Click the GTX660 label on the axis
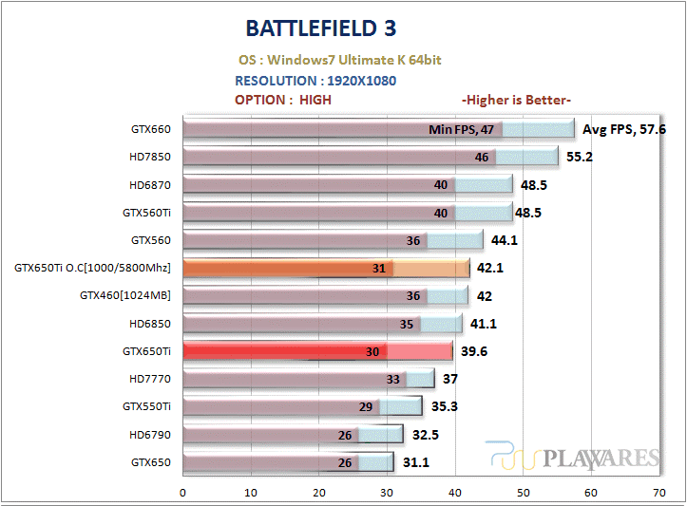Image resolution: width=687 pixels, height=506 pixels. pyautogui.click(x=150, y=129)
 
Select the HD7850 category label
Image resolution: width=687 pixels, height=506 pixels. pyautogui.click(x=150, y=157)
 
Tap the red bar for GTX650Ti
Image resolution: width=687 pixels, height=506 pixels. pyautogui.click(x=285, y=351)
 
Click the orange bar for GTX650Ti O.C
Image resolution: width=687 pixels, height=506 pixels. pyautogui.click(x=285, y=269)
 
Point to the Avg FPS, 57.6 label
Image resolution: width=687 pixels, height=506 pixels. pyautogui.click(x=623, y=129)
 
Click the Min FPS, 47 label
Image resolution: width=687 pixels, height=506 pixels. pyautogui.click(x=461, y=130)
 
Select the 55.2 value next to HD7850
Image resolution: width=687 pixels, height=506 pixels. pyautogui.click(x=579, y=157)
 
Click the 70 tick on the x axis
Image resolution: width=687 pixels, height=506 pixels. pyautogui.click(x=658, y=493)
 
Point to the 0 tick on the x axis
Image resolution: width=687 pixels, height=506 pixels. pyautogui.click(x=182, y=493)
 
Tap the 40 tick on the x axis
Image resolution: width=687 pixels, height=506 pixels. pyautogui.click(x=454, y=493)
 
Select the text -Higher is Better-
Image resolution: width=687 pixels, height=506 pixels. pyautogui.click(x=515, y=100)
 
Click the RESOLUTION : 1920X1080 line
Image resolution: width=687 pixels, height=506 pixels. pyautogui.click(x=315, y=81)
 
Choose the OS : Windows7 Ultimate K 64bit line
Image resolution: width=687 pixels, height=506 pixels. pyautogui.click(x=338, y=60)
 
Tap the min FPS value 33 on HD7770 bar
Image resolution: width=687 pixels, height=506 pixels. pyautogui.click(x=392, y=380)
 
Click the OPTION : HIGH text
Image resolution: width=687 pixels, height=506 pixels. pyautogui.click(x=282, y=100)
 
